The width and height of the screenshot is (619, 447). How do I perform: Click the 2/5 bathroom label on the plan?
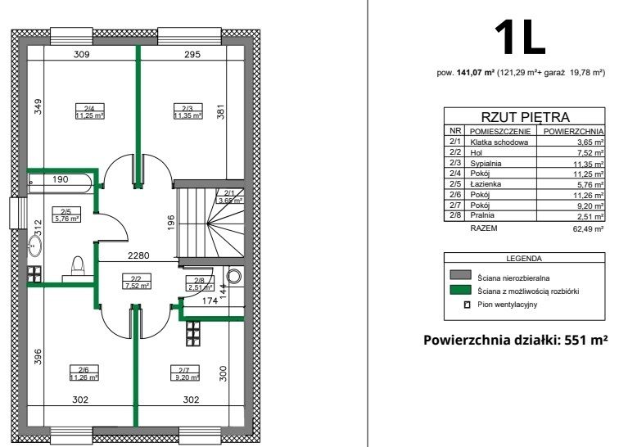click(66, 214)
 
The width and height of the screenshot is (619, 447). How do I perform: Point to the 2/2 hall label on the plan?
click(136, 282)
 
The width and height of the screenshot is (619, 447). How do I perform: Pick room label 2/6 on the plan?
click(84, 373)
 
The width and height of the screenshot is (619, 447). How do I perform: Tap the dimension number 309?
click(81, 55)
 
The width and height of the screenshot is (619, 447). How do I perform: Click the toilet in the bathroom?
click(79, 268)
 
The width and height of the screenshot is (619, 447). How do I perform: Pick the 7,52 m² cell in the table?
click(588, 152)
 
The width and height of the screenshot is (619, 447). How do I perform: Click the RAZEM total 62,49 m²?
click(587, 230)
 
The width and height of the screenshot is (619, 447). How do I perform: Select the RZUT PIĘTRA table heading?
click(524, 118)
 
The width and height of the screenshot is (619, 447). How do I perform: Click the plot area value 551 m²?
click(585, 340)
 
